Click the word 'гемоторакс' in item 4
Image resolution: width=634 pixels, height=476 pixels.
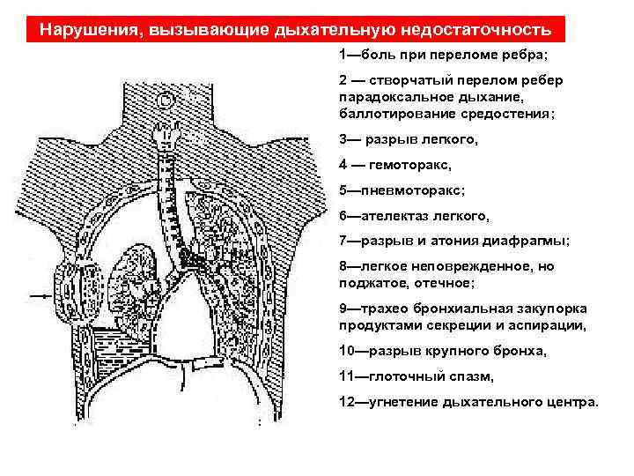[416, 164]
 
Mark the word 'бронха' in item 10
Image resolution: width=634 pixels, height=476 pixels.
[525, 351]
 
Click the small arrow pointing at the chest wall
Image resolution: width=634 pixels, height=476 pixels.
[41, 297]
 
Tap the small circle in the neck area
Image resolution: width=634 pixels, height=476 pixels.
[163, 98]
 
